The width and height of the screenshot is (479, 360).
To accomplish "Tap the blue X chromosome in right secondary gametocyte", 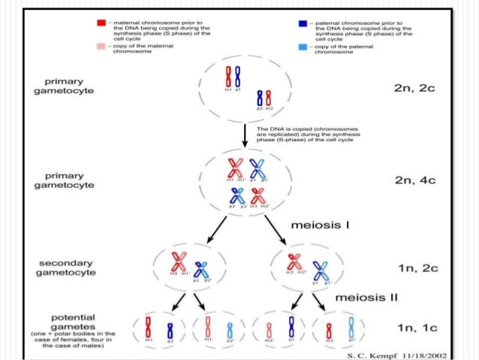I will (321, 269).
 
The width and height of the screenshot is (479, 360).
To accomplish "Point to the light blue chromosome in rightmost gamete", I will (352, 328).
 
